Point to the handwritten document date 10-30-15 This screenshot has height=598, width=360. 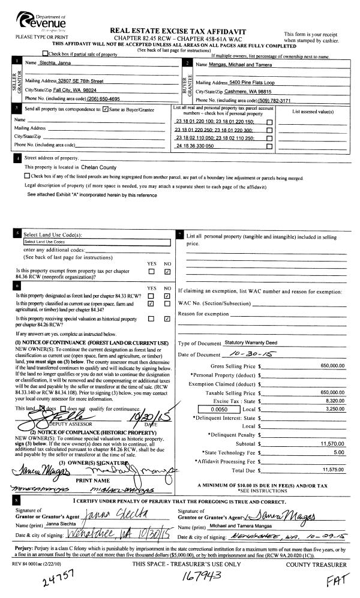(238, 354)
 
